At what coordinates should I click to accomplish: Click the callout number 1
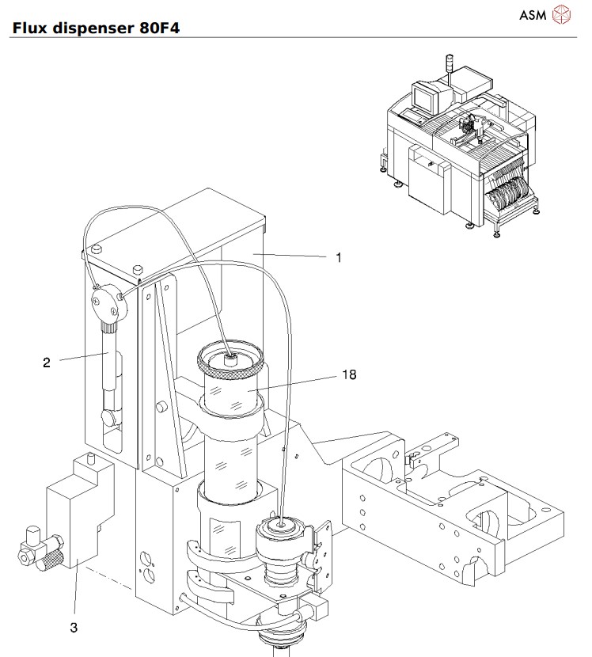click(x=339, y=258)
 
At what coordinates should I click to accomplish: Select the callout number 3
click(x=74, y=628)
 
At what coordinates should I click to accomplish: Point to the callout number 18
click(x=350, y=376)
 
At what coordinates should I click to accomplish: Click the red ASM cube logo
click(x=561, y=13)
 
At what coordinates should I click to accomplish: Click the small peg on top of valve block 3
click(x=92, y=458)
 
